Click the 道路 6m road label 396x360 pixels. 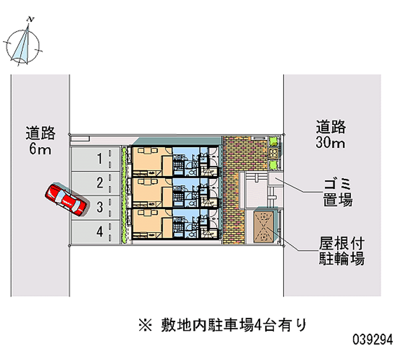41,141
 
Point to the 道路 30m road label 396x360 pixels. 331,135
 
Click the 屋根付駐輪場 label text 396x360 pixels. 341,251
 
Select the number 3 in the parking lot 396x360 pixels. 99,207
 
